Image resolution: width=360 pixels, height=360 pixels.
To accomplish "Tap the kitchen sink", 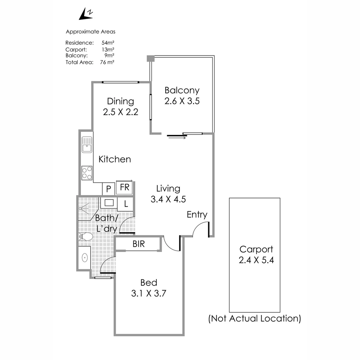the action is pos(87,145).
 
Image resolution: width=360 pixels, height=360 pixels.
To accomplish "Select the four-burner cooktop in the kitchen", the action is pos(87,173).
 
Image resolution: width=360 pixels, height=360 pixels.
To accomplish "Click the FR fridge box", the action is pos(124,188).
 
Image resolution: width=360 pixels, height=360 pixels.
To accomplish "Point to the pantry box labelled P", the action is pos(109,189).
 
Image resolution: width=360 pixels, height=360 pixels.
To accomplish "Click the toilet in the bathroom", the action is pos(85,236).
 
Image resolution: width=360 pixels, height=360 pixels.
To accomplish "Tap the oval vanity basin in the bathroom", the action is pos(85,258).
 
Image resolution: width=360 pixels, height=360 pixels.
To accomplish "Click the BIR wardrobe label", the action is pos(139,244).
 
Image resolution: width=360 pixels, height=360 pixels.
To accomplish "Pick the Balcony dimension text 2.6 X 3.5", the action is pos(182,101).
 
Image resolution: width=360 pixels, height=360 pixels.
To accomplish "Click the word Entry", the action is pos(197,215).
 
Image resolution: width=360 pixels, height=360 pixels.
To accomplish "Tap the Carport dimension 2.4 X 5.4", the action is pos(256,260).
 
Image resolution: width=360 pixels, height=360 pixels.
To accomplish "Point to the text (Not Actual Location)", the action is pos(255,319).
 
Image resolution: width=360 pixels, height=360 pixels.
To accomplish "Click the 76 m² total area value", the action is pos(107,62).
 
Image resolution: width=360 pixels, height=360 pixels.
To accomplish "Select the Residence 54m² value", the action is pos(108,43).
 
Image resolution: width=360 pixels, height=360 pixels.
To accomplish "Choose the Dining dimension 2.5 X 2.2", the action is pos(121,112).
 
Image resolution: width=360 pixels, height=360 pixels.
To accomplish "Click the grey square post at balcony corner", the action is pos(151,59).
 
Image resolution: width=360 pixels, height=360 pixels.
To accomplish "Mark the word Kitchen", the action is pos(115,159).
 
